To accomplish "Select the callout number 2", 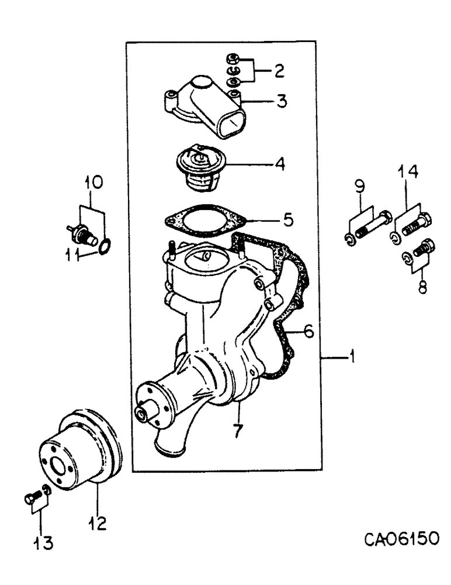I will pos(279,71).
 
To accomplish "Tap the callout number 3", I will pos(281,101).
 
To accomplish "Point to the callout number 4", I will pos(280,164).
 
